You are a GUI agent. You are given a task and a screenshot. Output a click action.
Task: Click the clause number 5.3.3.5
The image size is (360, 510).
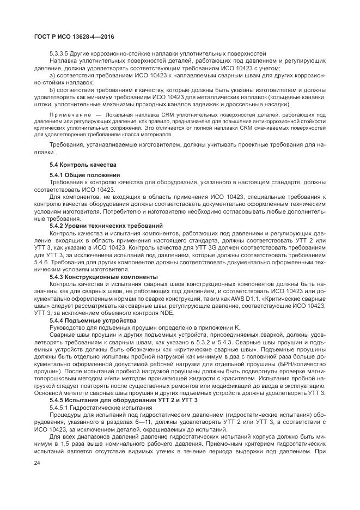(59, 53)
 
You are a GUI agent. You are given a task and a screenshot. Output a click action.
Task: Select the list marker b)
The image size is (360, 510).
(53, 88)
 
